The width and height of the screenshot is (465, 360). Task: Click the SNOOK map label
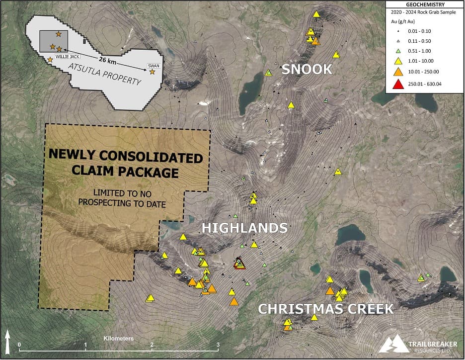[307, 70]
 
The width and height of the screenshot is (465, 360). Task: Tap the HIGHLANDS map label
[244, 228]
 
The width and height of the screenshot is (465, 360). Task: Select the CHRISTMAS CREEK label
[325, 309]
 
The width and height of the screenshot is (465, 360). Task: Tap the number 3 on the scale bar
[218, 345]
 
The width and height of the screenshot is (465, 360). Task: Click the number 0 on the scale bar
[19, 345]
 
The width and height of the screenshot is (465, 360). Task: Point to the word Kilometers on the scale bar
[119, 339]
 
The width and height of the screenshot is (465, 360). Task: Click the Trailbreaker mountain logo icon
[392, 343]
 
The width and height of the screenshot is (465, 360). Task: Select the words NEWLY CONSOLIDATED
[126, 159]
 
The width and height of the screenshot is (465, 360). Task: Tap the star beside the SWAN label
[152, 73]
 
